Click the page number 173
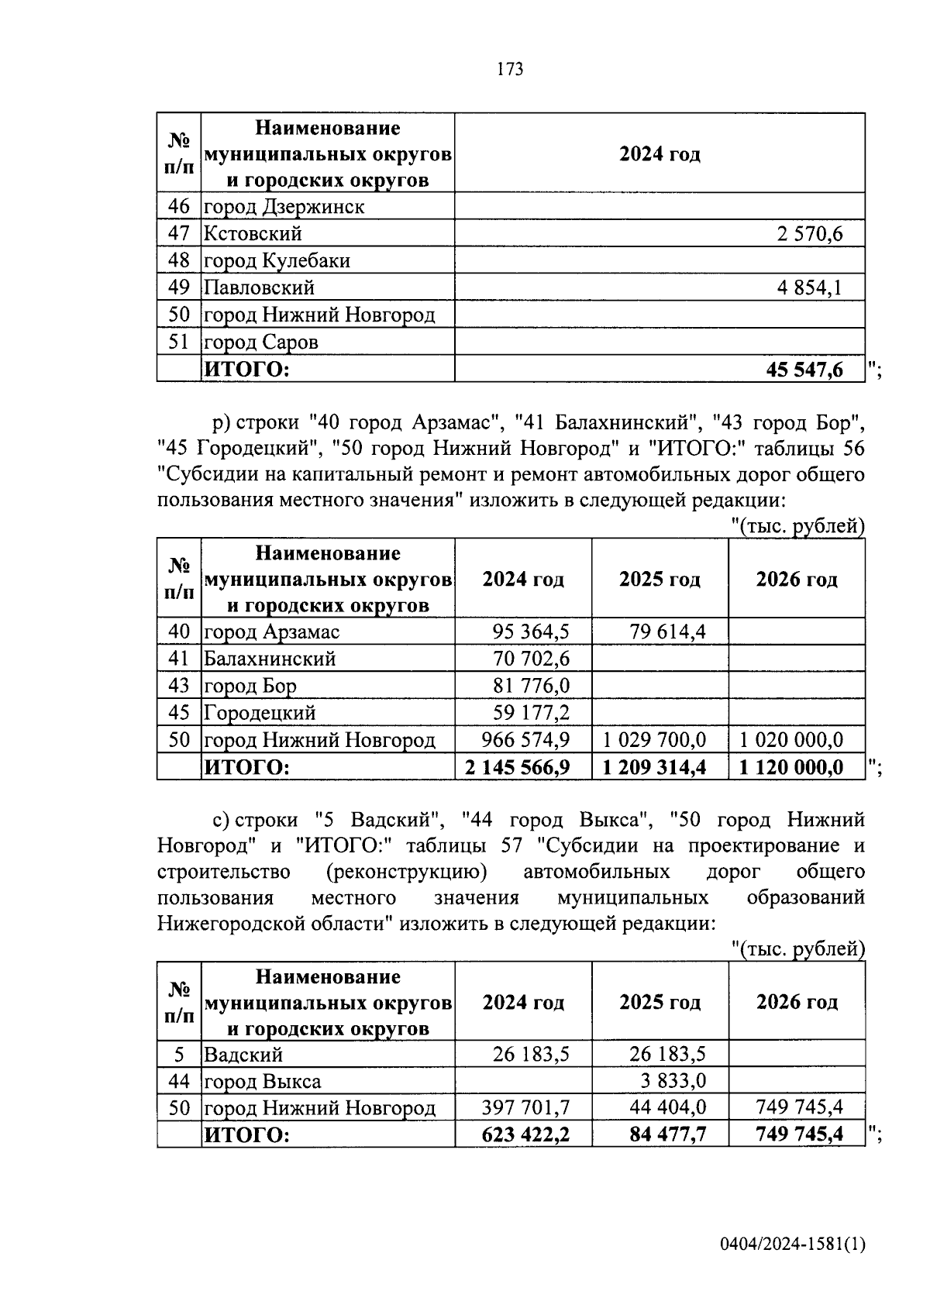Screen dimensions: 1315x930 [509, 70]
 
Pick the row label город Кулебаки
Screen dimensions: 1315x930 [277, 261]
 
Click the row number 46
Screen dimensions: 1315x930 [179, 207]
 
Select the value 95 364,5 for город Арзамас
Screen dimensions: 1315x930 [531, 632]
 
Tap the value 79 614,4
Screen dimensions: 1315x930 [667, 632]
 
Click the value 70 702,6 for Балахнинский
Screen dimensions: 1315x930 [531, 659]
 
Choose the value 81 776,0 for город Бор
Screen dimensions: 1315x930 [531, 686]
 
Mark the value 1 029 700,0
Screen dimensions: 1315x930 [654, 739]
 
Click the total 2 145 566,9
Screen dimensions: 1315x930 [518, 767]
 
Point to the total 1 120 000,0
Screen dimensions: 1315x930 [791, 767]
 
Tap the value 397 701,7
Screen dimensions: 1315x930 [525, 1108]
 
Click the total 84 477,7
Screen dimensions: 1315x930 [667, 1135]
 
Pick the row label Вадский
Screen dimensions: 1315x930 [243, 1055]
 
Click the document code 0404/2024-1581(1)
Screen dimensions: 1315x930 [792, 1245]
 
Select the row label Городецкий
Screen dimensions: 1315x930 [260, 713]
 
